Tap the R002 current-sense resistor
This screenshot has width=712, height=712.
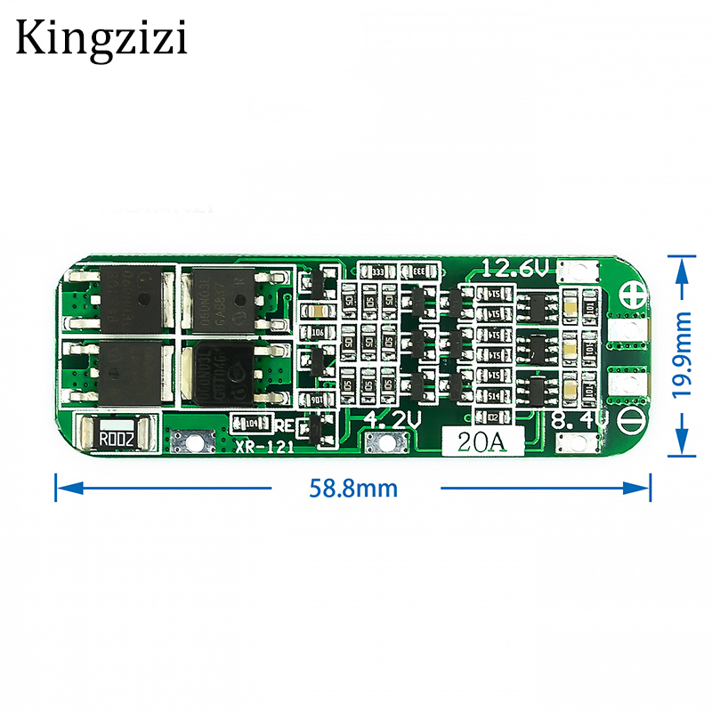(117, 437)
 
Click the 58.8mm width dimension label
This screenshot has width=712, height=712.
(353, 488)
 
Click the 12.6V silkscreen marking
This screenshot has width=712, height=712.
(515, 268)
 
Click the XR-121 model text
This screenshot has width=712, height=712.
(264, 448)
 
